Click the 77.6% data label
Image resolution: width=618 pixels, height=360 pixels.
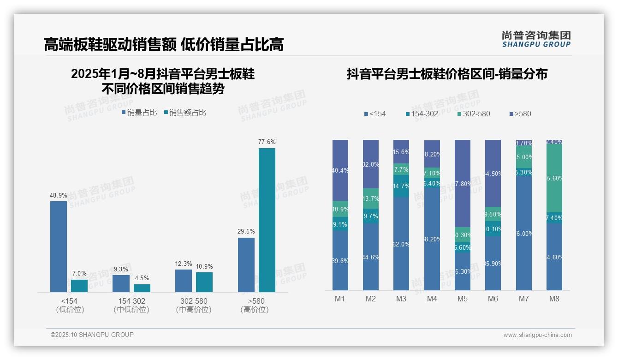pos(267,142)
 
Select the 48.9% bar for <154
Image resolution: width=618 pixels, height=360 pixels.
pos(59,246)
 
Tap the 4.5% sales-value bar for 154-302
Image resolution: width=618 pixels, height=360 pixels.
pos(142,288)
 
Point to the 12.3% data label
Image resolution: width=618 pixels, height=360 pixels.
pos(184,264)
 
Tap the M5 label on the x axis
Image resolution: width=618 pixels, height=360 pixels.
pos(463,299)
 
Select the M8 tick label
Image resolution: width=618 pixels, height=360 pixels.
pos(554,299)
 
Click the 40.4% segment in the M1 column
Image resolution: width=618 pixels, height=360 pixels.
pos(340,170)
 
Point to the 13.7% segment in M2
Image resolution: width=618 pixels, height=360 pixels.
pos(371,198)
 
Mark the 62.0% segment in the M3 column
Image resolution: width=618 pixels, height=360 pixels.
pos(401,244)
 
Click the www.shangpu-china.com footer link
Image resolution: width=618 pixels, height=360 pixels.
pos(537,335)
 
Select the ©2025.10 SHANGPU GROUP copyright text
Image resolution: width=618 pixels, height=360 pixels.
pos(92,335)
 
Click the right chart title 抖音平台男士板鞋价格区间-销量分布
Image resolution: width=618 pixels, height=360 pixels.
pos(447,74)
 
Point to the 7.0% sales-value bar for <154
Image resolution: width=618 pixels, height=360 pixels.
pos(79,286)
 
